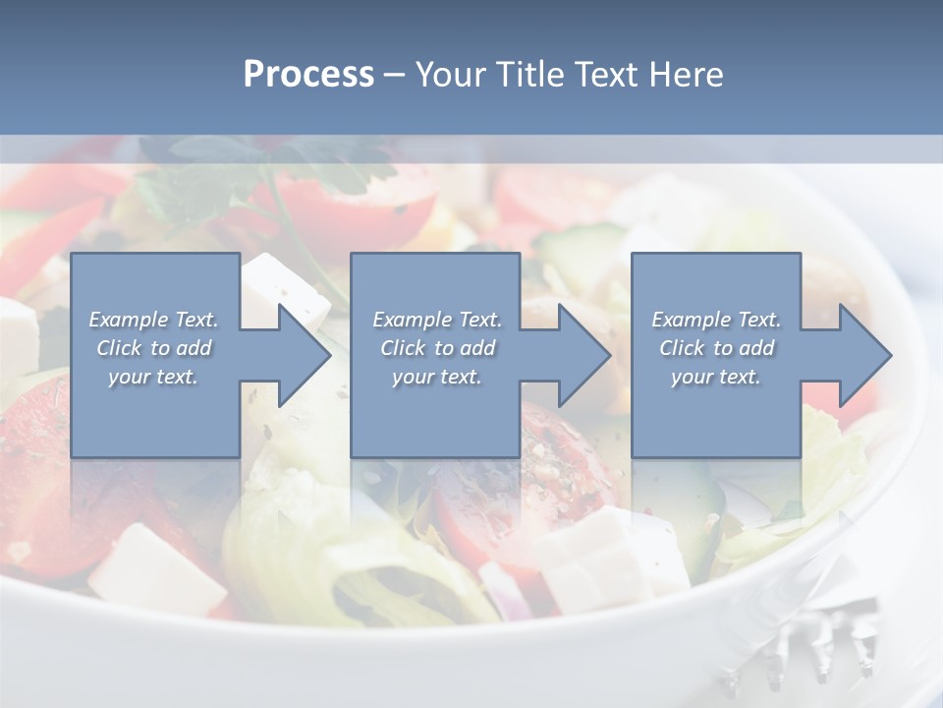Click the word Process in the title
308,75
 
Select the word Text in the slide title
606,75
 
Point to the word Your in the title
451,75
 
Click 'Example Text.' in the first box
153,320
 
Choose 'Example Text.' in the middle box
437,320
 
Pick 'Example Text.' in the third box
716,320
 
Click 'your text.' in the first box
153,377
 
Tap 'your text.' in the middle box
437,377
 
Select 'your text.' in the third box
716,377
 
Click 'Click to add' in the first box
153,348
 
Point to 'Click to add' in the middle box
437,348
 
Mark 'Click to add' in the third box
716,348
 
